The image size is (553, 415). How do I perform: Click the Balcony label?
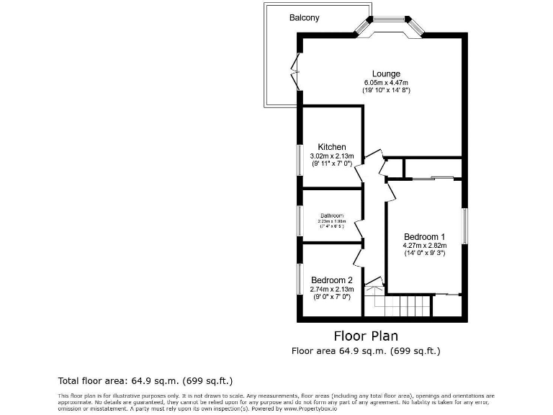click(x=305, y=17)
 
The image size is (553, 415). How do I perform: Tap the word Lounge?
click(x=386, y=73)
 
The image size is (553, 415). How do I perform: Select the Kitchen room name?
click(x=332, y=147)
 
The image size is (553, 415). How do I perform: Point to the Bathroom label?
click(x=332, y=215)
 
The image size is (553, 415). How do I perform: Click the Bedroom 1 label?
click(x=424, y=237)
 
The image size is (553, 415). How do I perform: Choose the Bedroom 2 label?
click(x=332, y=280)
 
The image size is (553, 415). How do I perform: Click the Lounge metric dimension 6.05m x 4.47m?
click(x=386, y=82)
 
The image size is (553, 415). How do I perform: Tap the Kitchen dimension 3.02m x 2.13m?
click(x=332, y=156)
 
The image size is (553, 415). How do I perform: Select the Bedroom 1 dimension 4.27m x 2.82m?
click(x=424, y=246)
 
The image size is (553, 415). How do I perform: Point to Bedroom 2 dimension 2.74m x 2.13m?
click(x=332, y=289)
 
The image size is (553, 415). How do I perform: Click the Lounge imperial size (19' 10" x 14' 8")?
click(x=386, y=91)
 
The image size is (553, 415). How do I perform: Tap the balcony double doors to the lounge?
click(x=295, y=71)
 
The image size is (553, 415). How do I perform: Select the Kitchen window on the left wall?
click(x=300, y=160)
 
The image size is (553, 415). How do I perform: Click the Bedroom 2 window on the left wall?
click(x=300, y=279)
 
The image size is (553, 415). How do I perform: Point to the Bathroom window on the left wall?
click(x=300, y=218)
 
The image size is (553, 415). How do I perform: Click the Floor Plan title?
click(x=366, y=336)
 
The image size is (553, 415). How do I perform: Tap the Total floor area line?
click(x=145, y=380)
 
